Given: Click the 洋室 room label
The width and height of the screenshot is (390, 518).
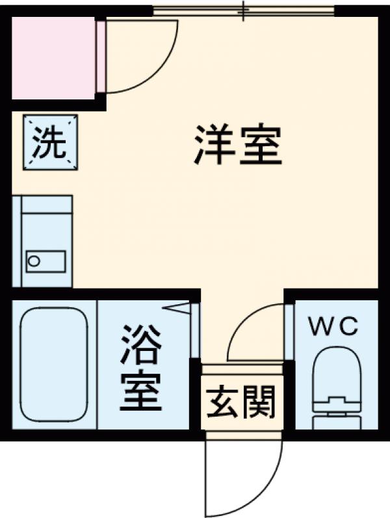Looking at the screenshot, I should point(238,146).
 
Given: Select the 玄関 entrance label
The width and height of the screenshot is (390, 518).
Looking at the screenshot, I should point(241,402).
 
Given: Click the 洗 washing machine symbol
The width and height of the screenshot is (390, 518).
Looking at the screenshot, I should point(50,144).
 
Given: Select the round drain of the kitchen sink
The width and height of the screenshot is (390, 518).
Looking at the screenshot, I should point(34,261).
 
